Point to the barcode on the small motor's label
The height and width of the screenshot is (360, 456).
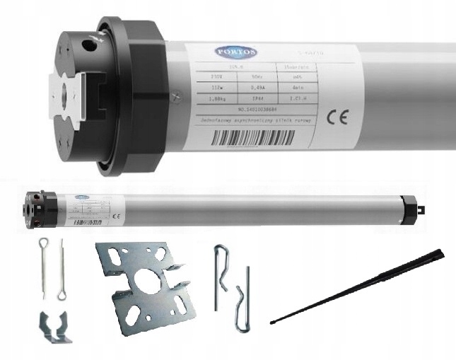(88, 221)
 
